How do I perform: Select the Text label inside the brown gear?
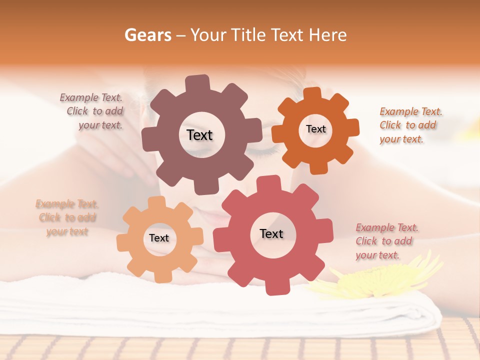click(x=199, y=135)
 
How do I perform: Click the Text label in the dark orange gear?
click(x=315, y=129)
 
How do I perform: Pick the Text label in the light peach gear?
click(x=159, y=238)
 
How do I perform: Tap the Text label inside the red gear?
click(x=271, y=233)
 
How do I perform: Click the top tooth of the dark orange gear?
click(x=312, y=94)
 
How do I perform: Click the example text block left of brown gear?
click(x=92, y=111)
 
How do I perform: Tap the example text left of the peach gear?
click(x=67, y=217)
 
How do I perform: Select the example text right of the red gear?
click(x=386, y=241)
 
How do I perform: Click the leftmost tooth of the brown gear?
click(x=148, y=139)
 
